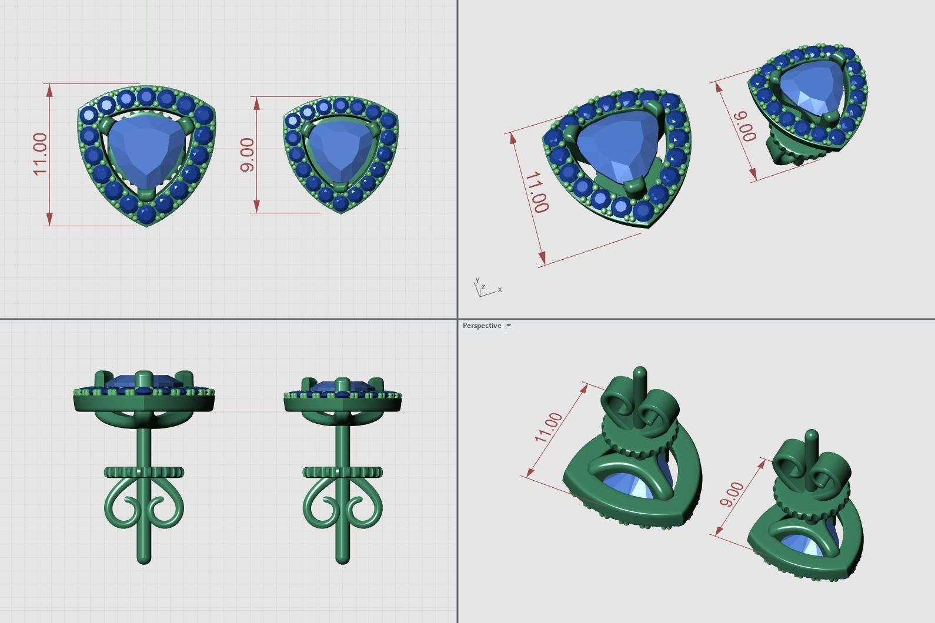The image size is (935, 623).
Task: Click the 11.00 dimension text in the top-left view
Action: (x=39, y=154)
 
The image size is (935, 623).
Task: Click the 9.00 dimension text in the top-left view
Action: (x=248, y=155)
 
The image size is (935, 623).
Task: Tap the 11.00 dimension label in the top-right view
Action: (x=536, y=192)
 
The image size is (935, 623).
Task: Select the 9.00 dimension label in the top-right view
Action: (x=744, y=125)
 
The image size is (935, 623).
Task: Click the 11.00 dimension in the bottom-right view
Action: (x=548, y=427)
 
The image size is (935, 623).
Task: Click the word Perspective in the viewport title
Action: (x=482, y=326)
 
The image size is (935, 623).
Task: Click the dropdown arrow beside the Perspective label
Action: (x=509, y=326)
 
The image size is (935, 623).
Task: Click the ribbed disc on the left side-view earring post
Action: (x=144, y=472)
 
